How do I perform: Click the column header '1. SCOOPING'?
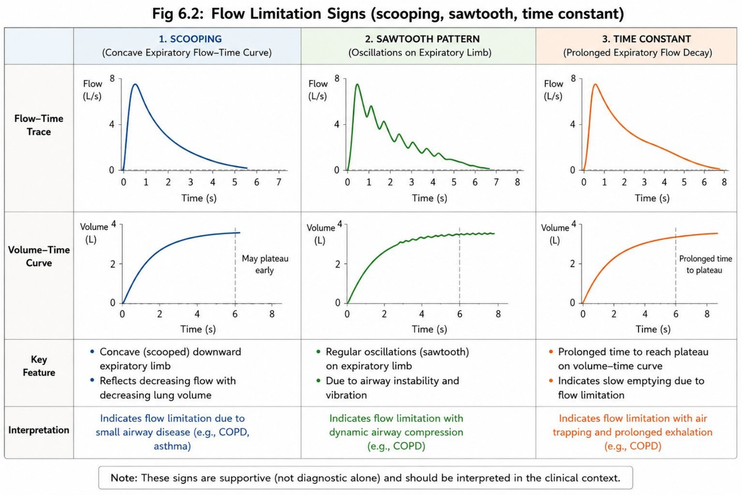click(x=190, y=39)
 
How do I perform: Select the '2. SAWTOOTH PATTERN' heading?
click(x=422, y=39)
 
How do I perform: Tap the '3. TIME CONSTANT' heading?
click(x=646, y=39)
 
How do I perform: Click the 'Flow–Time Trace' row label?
click(x=39, y=125)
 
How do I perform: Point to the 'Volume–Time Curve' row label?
click(x=39, y=256)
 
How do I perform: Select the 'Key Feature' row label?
click(x=39, y=366)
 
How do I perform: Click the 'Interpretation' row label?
click(x=39, y=430)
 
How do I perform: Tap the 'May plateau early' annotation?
click(x=265, y=264)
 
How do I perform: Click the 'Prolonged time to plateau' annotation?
click(x=705, y=264)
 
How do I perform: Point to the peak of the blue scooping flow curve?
click(x=135, y=84)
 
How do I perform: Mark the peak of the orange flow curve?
click(x=595, y=84)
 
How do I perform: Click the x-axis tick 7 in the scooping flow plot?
click(x=279, y=182)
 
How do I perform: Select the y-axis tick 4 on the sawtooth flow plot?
click(x=337, y=125)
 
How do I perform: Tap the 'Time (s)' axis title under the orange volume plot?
click(x=653, y=329)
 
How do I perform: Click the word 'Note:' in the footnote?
click(x=124, y=478)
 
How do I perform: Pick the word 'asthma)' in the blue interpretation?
click(x=172, y=446)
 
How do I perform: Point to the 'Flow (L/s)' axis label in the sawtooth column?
click(x=318, y=90)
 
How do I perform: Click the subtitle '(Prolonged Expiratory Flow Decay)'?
click(x=638, y=53)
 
